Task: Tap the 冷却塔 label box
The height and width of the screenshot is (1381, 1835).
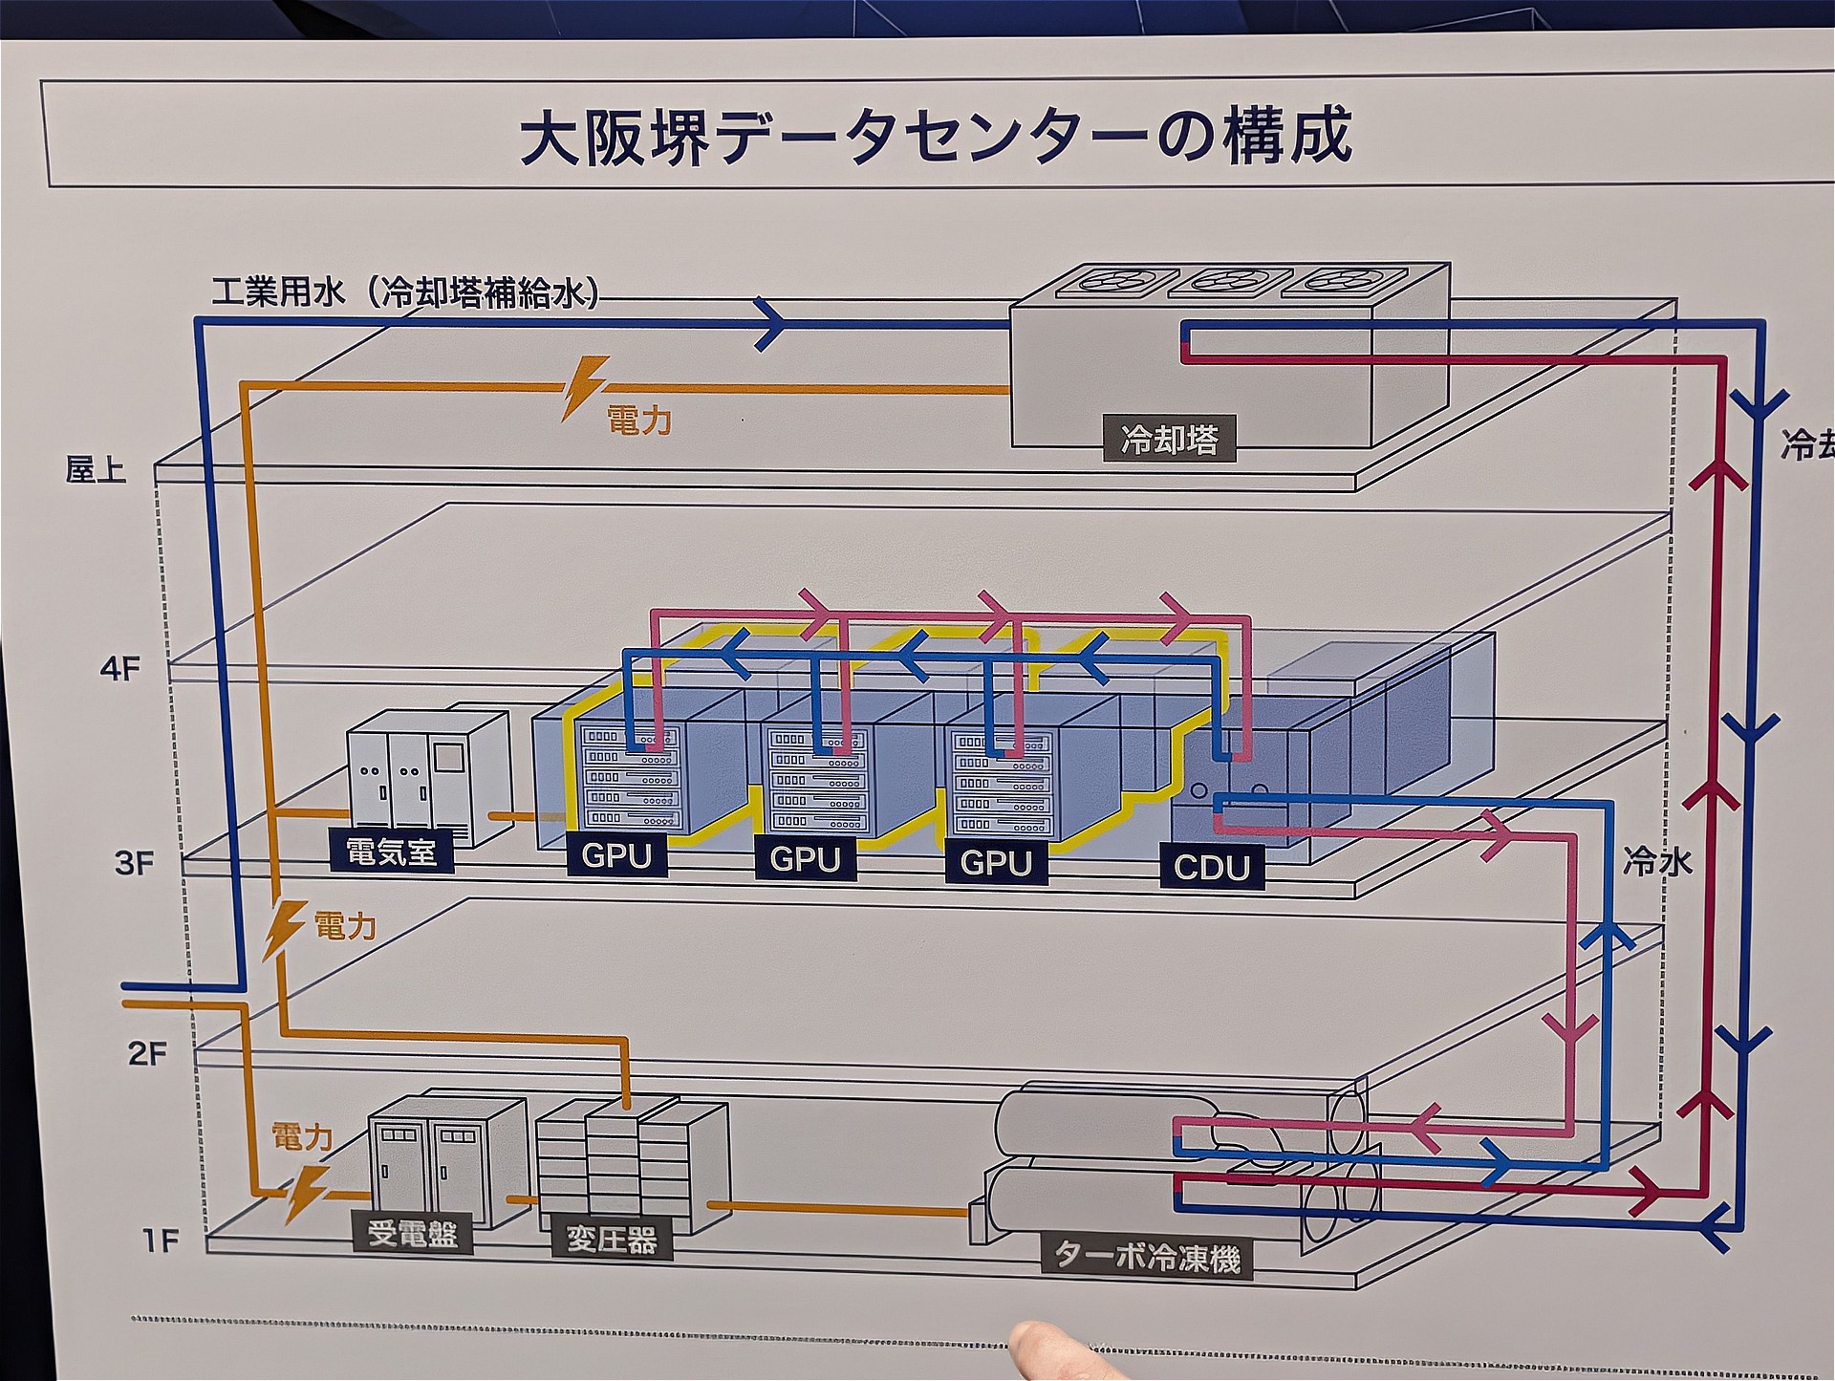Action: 1169,440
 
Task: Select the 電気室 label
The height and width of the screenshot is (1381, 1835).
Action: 391,850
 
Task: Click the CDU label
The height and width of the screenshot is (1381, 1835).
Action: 1211,867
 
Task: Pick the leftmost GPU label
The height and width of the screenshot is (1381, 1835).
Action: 616,855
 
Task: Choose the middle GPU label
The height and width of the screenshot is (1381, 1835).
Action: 805,859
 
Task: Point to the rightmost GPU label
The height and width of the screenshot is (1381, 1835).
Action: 995,863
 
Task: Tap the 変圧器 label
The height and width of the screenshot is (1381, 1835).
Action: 612,1240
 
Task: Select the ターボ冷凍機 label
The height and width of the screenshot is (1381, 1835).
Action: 1147,1256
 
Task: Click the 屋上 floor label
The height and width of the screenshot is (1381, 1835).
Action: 96,469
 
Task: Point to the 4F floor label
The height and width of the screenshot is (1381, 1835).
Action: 120,668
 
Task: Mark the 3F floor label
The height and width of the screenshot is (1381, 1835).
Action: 134,863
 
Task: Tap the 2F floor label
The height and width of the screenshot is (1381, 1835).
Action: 147,1053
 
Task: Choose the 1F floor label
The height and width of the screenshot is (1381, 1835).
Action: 161,1241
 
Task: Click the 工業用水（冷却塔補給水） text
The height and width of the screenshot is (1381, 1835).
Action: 405,291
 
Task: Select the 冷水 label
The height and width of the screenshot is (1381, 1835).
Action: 1657,862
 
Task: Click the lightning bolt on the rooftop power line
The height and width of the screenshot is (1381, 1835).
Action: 583,387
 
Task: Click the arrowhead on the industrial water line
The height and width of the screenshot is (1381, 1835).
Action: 772,324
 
